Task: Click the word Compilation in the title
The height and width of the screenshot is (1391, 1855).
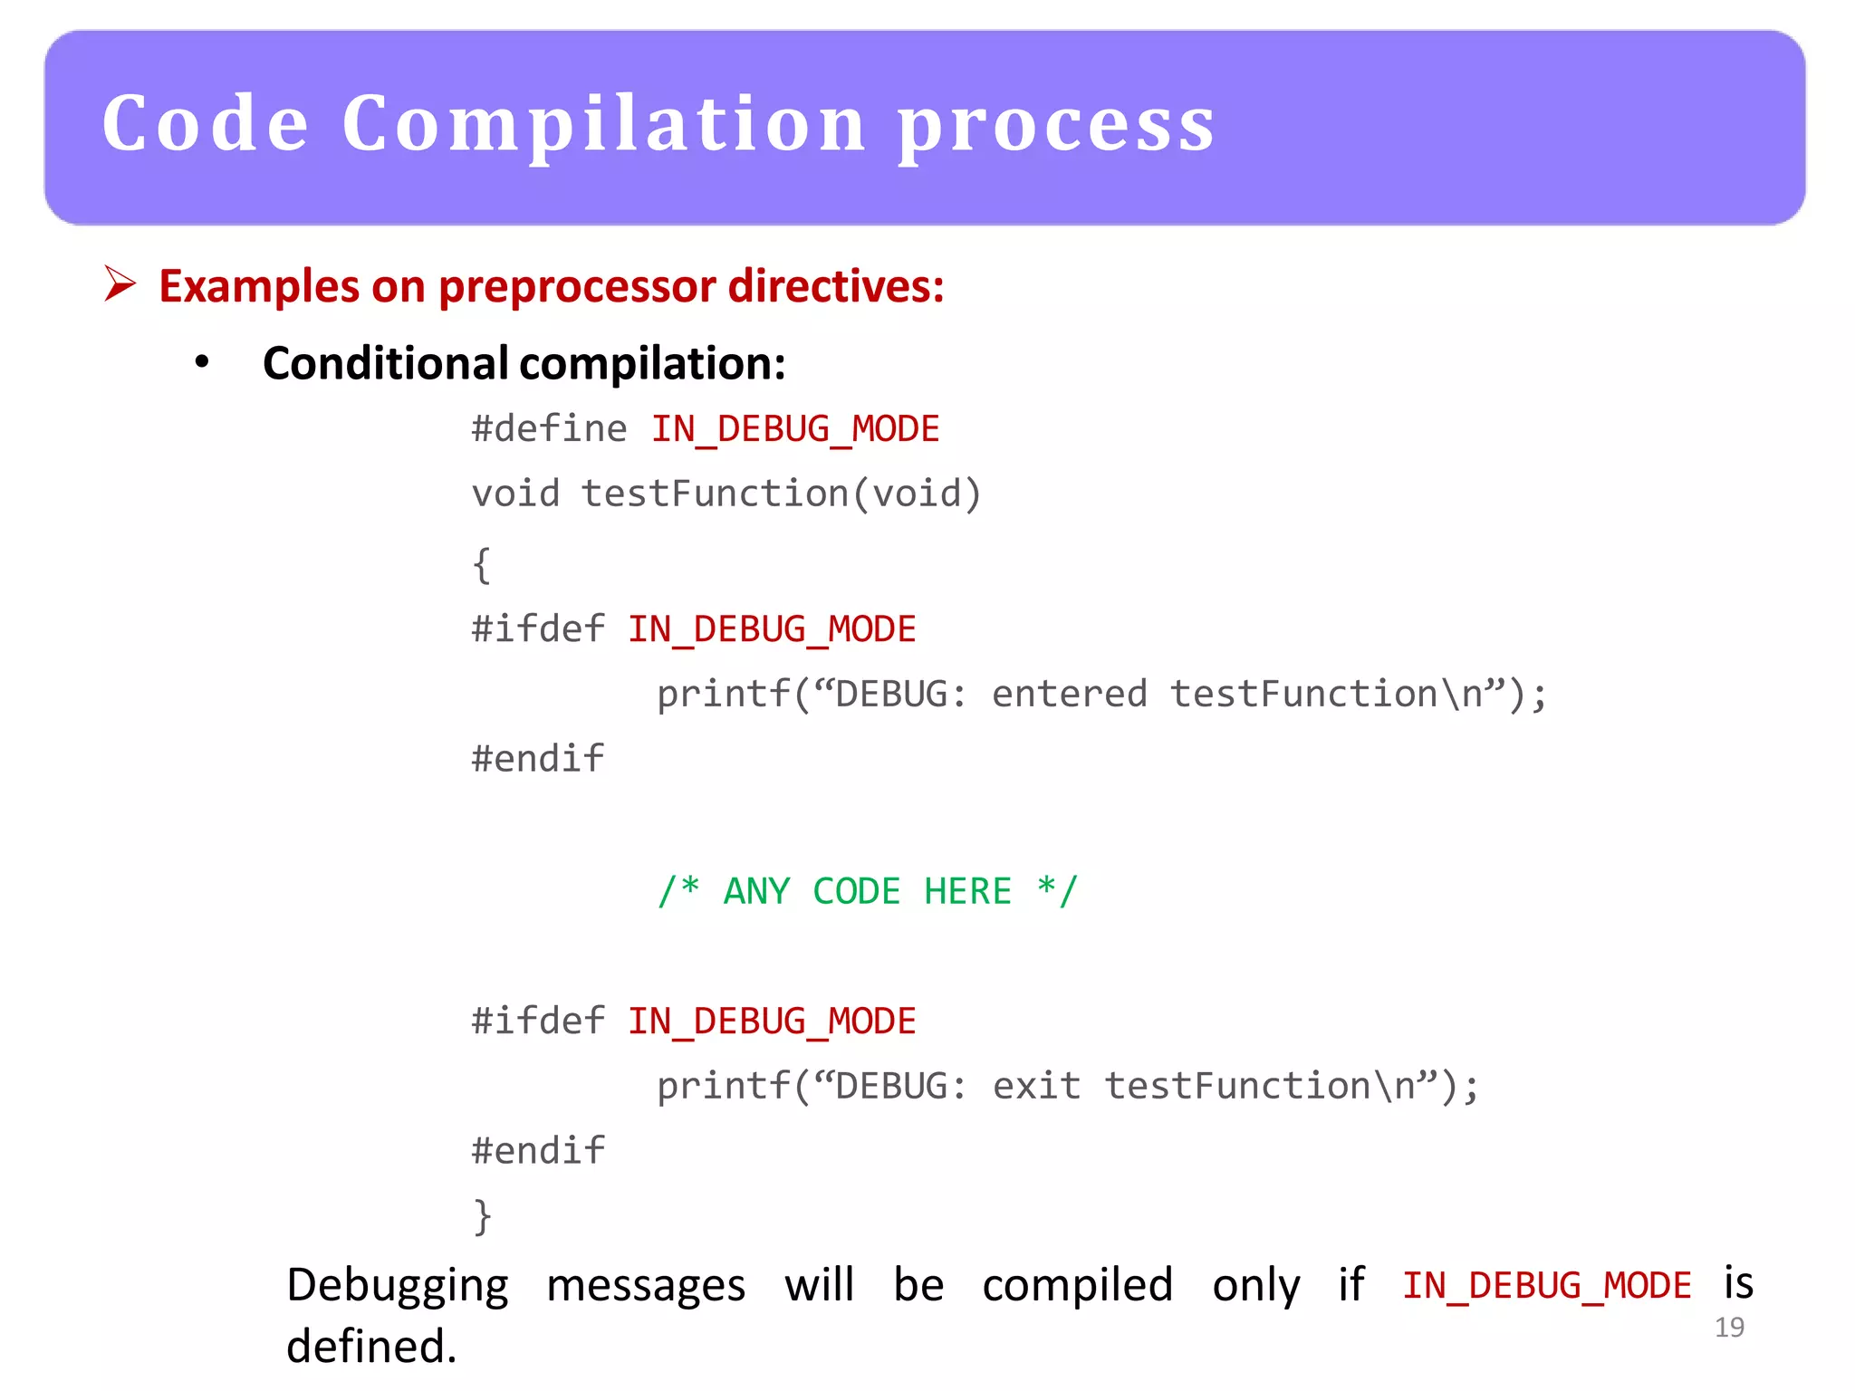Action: pos(604,125)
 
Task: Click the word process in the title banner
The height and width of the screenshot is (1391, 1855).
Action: pos(1056,127)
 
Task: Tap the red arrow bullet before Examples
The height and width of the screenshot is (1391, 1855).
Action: pos(120,284)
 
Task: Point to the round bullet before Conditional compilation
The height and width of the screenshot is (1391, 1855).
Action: pos(202,362)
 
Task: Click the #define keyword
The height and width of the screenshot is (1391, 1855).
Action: pos(549,428)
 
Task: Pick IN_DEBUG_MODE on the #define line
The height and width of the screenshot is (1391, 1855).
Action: pos(795,429)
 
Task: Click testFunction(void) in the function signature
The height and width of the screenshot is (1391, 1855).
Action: pos(781,494)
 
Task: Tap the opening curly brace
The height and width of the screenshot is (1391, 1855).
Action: pos(482,564)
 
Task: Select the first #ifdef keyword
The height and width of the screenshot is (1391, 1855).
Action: pos(538,628)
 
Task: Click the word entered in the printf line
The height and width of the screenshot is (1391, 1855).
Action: pos(1069,695)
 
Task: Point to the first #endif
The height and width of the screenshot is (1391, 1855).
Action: pos(538,759)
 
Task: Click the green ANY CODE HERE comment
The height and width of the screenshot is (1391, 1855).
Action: pos(867,891)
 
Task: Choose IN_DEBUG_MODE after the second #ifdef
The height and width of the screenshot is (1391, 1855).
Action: pos(772,1022)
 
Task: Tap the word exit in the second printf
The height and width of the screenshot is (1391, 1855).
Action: pos(1036,1086)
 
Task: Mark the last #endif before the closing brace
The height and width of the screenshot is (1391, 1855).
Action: pos(538,1151)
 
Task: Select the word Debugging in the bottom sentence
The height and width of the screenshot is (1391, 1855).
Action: pos(398,1286)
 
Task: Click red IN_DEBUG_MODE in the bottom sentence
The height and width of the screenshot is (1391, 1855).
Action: pos(1546,1286)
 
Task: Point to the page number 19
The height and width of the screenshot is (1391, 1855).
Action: pos(1729,1328)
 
